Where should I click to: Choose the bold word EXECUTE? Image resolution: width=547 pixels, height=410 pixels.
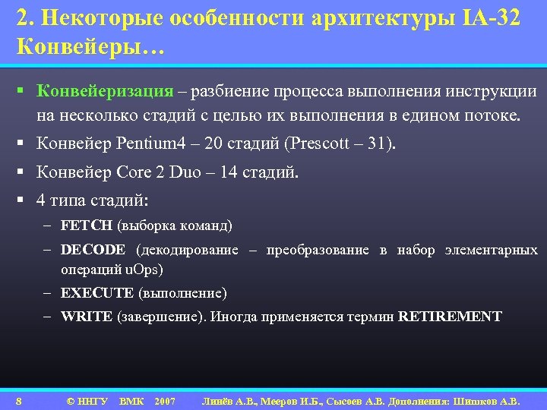97,292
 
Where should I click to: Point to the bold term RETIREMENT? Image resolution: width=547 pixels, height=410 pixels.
450,317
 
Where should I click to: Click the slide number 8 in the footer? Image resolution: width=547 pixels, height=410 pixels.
18,400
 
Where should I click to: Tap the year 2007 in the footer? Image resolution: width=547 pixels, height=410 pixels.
164,400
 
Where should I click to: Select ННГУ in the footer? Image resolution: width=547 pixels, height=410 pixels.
93,400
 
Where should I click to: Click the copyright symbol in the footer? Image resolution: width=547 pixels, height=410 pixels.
71,400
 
